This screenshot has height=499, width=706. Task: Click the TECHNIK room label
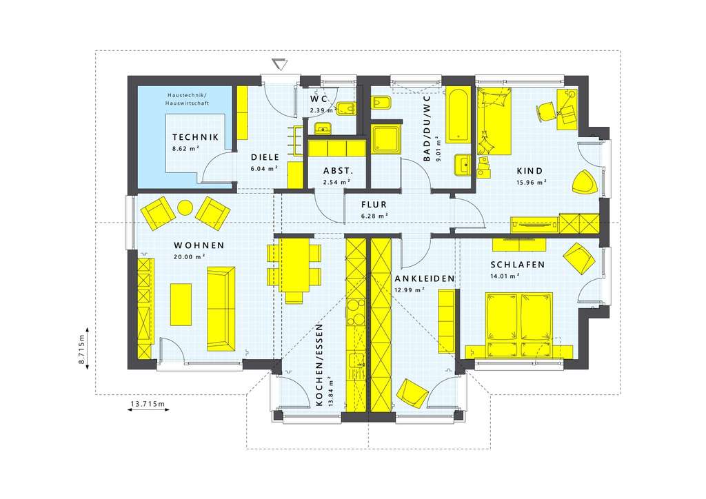195,137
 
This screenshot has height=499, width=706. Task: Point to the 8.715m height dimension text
81,348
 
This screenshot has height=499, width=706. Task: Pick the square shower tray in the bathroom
385,138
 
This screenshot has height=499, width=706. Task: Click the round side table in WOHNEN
185,207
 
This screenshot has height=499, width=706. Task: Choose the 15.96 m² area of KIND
532,182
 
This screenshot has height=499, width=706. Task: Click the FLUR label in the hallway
374,205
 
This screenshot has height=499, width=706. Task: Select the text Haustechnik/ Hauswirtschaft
188,99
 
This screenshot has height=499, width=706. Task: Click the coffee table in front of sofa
181,304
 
